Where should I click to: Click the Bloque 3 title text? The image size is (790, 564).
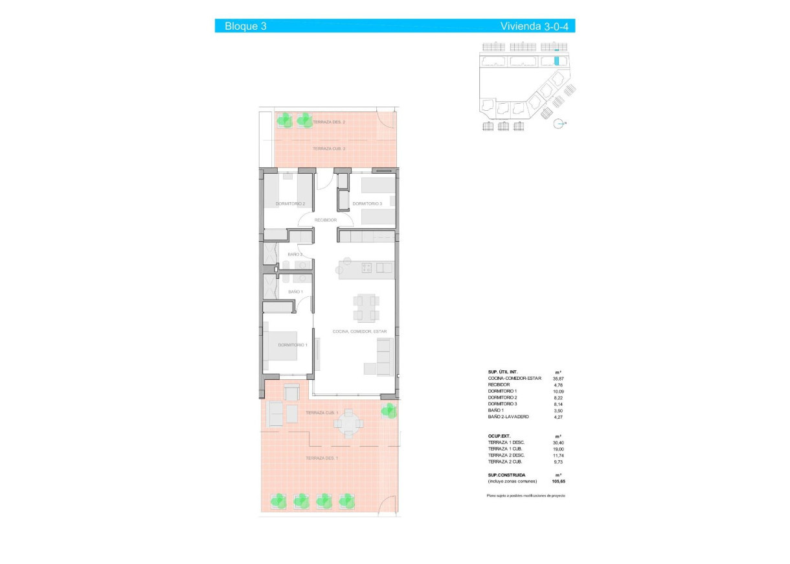tap(245, 27)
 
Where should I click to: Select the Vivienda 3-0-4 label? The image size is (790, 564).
tap(536, 27)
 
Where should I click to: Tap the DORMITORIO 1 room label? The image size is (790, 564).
tap(293, 345)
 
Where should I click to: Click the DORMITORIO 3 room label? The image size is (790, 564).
tap(367, 204)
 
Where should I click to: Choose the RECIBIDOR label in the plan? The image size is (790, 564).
tap(326, 220)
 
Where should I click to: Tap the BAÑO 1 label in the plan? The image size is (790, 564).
tap(295, 292)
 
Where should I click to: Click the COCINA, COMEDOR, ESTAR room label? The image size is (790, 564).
tap(359, 331)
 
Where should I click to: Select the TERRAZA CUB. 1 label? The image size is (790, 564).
tap(322, 413)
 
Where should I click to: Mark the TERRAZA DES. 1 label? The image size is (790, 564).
tap(322, 458)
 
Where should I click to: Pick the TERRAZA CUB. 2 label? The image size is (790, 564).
tap(329, 149)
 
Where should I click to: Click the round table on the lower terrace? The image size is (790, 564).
tap(348, 424)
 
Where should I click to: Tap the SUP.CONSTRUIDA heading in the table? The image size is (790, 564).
tap(506, 475)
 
